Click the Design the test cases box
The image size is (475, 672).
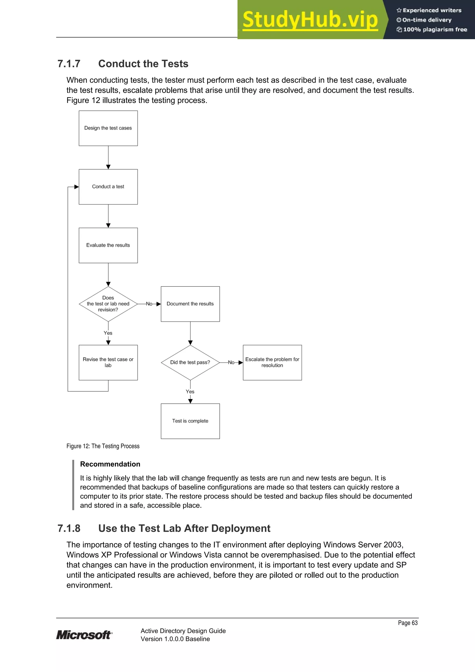[x=108, y=128]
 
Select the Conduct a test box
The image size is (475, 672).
[x=108, y=187]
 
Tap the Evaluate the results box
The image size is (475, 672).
[x=108, y=245]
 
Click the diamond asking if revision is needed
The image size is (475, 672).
[x=108, y=304]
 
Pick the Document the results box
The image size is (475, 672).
[x=190, y=304]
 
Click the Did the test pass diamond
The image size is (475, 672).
[x=190, y=362]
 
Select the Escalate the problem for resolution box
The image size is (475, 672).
[x=272, y=362]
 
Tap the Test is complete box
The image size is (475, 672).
[x=190, y=421]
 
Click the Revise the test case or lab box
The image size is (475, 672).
[x=108, y=362]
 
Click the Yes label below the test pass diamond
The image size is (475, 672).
[x=190, y=392]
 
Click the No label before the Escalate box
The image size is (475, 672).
[x=231, y=362]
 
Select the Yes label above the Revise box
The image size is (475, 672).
[x=108, y=333]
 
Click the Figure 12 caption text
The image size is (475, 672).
[x=103, y=446]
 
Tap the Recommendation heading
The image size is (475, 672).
[x=110, y=464]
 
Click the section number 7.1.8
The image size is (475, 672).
[x=69, y=528]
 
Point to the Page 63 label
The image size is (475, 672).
[x=408, y=623]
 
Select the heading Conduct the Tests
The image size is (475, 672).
[x=143, y=64]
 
